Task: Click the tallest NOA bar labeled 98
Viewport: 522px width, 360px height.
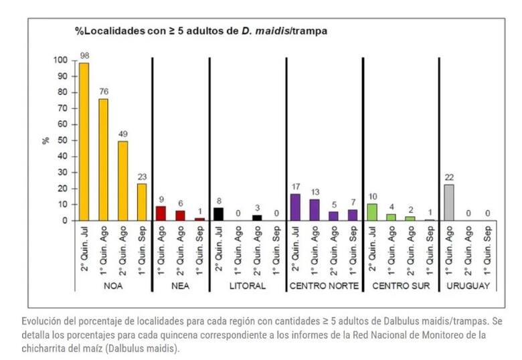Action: (x=84, y=141)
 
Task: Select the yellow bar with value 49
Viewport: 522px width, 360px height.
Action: (x=123, y=181)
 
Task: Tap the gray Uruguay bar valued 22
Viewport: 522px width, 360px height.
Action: (x=449, y=203)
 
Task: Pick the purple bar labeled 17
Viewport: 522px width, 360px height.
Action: (x=295, y=207)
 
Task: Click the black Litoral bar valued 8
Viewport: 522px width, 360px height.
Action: (x=218, y=214)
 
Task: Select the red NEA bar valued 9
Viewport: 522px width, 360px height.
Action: (x=161, y=213)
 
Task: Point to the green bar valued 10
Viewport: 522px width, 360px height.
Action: (x=372, y=212)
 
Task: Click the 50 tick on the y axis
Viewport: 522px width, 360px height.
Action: (x=63, y=141)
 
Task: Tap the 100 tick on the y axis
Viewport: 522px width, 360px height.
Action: (x=60, y=60)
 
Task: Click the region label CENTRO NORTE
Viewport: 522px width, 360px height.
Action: (x=325, y=286)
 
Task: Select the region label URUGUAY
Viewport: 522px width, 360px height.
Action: (x=468, y=286)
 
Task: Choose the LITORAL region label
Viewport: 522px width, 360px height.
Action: (x=248, y=286)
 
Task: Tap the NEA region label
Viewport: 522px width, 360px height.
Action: (x=180, y=286)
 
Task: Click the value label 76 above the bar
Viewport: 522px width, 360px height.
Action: (x=104, y=92)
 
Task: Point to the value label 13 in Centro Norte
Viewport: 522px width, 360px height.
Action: (x=315, y=192)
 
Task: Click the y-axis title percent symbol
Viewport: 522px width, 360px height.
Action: (x=46, y=141)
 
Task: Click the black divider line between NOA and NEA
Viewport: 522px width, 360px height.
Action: (x=153, y=175)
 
